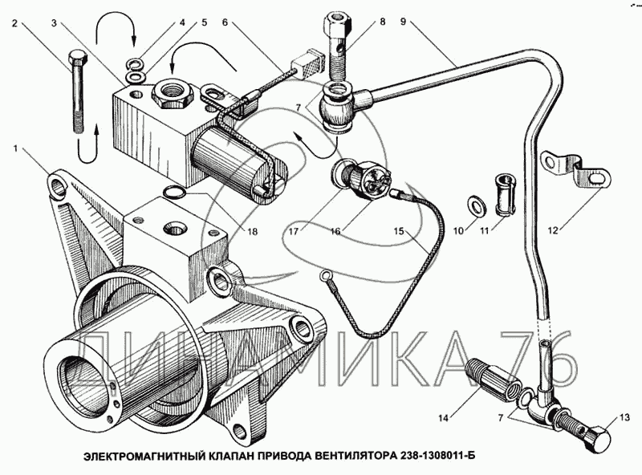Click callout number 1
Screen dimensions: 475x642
click(17, 148)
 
